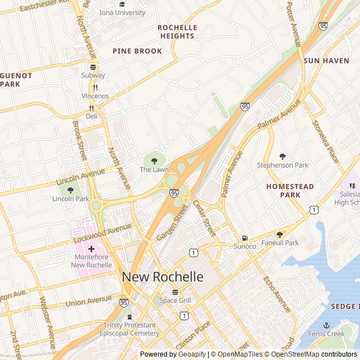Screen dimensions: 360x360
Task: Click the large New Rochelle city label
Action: (x=163, y=277)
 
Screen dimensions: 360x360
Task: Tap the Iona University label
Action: (x=122, y=12)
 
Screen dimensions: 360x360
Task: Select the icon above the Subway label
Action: (x=93, y=66)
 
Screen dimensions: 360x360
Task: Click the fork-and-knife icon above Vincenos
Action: (x=95, y=87)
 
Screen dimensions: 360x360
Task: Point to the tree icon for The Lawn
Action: (x=154, y=161)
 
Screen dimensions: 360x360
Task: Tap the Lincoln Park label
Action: (x=71, y=199)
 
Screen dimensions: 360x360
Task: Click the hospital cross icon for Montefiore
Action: (x=91, y=248)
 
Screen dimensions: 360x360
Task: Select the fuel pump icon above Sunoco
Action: (x=244, y=238)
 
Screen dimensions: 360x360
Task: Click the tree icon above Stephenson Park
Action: (x=283, y=156)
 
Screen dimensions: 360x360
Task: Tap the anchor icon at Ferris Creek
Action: (x=326, y=325)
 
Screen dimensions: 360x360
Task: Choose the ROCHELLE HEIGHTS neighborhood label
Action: (x=177, y=31)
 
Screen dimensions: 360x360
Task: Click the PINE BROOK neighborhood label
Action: (x=137, y=51)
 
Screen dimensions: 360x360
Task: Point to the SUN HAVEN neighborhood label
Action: (x=326, y=60)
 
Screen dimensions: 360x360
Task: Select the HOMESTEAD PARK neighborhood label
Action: (x=290, y=190)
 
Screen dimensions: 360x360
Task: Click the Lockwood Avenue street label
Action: (x=103, y=233)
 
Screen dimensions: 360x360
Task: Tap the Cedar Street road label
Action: (x=204, y=218)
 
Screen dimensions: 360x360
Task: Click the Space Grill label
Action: (x=174, y=300)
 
